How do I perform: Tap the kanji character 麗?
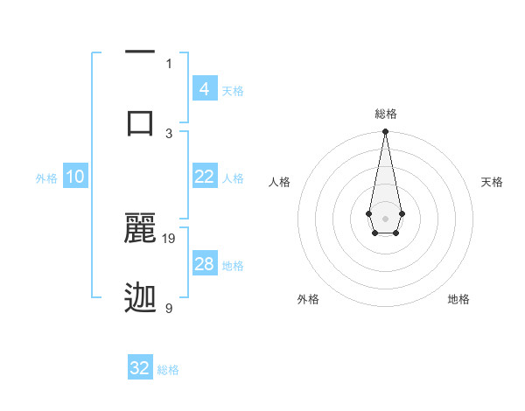pos(140,227)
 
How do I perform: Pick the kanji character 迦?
pos(140,298)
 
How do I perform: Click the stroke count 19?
pos(170,238)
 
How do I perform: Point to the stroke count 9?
pos(169,308)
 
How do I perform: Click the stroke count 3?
pos(169,133)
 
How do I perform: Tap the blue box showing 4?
pos(204,88)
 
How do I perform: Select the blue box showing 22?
pos(204,177)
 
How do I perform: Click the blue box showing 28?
pos(204,264)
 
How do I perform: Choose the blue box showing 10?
pos(75,177)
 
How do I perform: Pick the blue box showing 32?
pos(140,368)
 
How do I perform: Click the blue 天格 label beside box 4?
pos(233,90)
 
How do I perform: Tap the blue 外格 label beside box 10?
pos(46,178)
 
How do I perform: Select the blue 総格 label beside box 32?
pos(168,370)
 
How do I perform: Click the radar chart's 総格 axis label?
pos(385,114)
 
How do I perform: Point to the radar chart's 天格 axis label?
pos(493,182)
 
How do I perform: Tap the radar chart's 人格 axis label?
pos(280,182)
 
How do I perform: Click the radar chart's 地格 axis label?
pos(458,299)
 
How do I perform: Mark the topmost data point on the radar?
pos(385,132)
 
